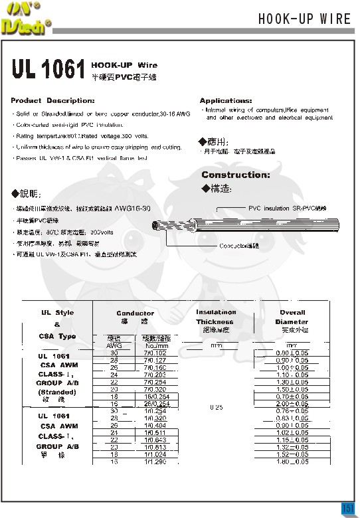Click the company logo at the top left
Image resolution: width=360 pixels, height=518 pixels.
25,17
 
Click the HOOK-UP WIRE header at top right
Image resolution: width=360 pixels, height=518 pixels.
304,19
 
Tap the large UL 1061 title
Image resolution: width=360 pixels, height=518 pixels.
47,70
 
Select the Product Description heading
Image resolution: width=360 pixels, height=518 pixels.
52,100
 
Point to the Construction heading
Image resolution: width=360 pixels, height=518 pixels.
235,175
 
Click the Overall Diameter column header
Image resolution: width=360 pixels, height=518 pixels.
292,317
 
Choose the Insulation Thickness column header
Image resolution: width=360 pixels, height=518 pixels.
216,317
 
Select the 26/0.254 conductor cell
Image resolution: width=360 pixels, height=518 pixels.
156,403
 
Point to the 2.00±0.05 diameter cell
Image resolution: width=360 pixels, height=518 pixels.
292,403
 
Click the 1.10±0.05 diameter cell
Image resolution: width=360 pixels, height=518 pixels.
292,375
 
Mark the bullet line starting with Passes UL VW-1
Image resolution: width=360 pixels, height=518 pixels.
80,158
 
